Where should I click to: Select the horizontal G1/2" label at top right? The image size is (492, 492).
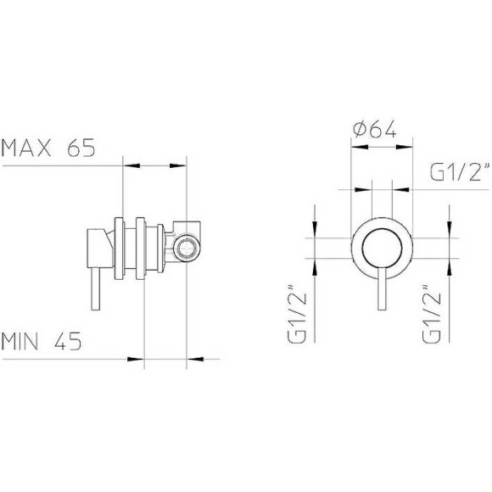click(x=461, y=173)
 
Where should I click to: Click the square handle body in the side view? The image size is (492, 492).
click(x=97, y=247)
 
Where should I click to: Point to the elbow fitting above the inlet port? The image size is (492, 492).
click(x=187, y=227)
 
